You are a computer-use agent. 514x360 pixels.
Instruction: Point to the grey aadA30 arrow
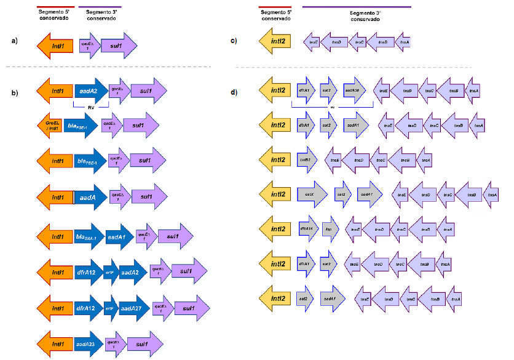(354, 90)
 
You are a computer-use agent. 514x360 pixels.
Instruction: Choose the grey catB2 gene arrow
(306, 159)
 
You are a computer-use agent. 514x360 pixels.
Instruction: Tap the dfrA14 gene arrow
(308, 229)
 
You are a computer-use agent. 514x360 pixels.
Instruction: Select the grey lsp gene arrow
(330, 229)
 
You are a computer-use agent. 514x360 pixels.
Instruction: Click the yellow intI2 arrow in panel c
(275, 42)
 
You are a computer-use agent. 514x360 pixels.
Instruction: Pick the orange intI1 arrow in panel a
(57, 45)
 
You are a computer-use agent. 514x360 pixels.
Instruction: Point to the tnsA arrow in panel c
(403, 42)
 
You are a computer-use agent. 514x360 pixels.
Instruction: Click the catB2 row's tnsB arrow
(404, 160)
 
